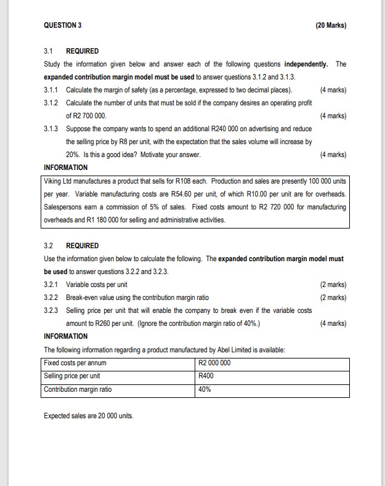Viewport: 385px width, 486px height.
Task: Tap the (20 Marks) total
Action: pos(330,25)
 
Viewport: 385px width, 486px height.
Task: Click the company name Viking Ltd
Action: pos(60,180)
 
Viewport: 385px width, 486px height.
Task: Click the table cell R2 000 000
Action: pos(214,363)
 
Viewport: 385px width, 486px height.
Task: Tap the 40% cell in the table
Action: pos(204,389)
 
